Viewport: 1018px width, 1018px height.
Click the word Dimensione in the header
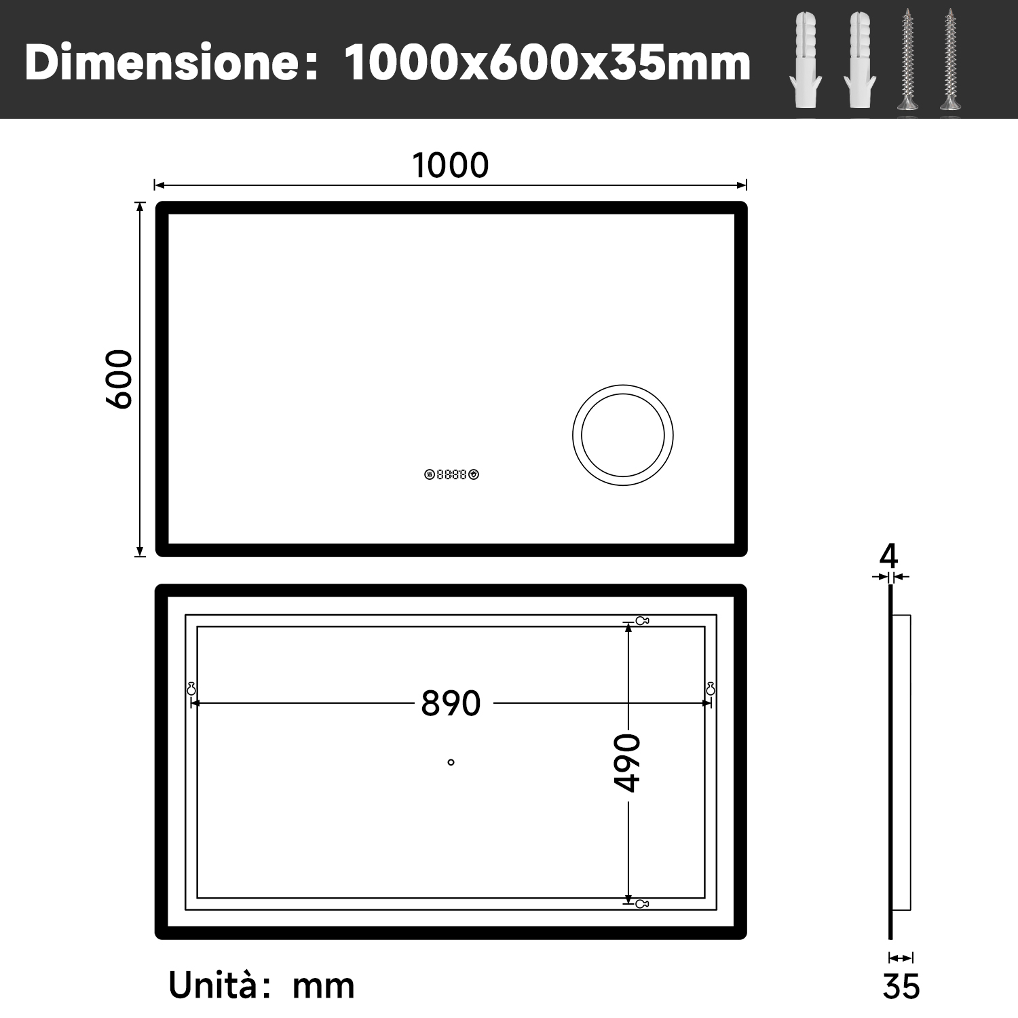162,62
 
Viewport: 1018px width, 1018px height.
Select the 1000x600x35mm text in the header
547,62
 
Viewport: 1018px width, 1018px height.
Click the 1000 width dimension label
451,166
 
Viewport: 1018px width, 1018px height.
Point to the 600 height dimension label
119,379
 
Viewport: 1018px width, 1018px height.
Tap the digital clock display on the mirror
451,474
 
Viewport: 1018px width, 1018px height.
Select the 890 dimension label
451,703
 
